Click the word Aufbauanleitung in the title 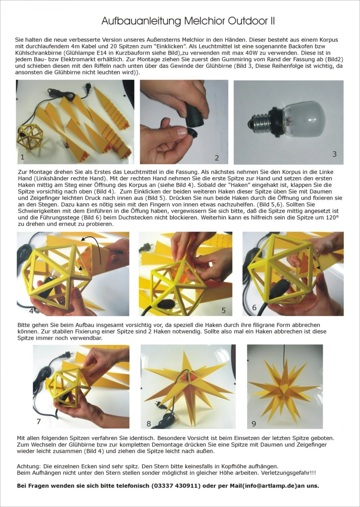[141, 21]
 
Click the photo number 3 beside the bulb [334, 154]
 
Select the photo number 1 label [22, 157]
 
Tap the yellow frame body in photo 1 [30, 136]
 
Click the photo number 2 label [216, 158]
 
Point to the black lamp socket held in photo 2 [196, 113]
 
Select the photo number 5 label [224, 310]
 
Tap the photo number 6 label [254, 307]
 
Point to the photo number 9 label [254, 424]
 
